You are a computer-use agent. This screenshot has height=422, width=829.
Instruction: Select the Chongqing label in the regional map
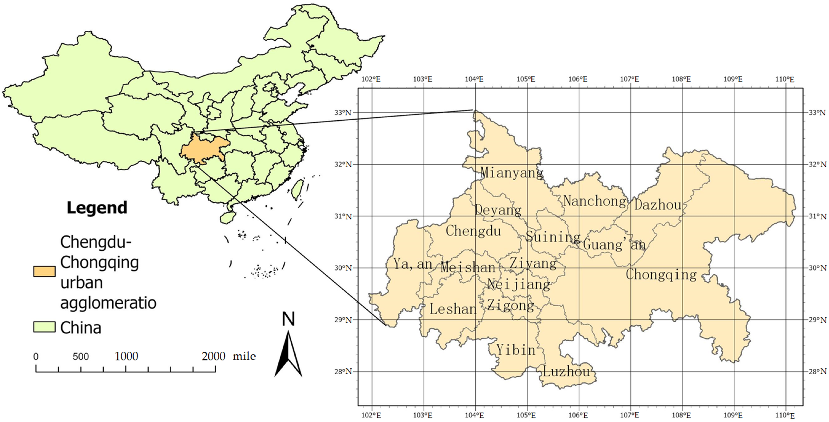point(661,275)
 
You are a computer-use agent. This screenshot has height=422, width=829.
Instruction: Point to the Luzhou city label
point(566,372)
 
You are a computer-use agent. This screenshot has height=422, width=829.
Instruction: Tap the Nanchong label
point(595,201)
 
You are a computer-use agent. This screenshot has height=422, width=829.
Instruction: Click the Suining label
point(553,237)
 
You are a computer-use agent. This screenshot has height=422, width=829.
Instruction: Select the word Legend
point(97,208)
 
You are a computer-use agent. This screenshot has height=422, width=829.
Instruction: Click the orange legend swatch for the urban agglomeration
point(44,271)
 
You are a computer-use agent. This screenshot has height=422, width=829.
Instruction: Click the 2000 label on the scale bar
point(213,356)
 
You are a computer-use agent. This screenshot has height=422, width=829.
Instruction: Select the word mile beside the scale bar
point(244,356)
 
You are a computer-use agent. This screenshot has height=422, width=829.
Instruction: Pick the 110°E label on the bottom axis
point(785,415)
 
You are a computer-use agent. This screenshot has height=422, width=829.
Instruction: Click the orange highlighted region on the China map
point(204,149)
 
